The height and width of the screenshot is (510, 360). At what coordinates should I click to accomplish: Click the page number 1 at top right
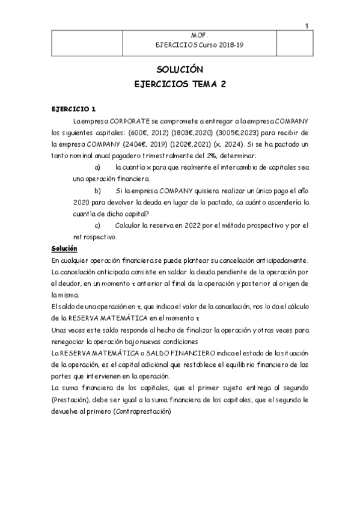tap(307, 26)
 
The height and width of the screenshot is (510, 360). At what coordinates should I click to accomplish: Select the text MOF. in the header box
tap(199, 35)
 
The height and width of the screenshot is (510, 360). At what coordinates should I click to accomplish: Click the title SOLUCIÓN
tap(180, 70)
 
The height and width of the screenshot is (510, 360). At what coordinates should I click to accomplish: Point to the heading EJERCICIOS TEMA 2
tap(180, 85)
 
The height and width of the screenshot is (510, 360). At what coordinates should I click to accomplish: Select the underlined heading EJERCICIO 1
tap(73, 109)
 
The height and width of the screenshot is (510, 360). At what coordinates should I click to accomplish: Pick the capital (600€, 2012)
tap(148, 133)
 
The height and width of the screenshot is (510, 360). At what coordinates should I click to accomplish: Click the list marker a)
tap(99, 167)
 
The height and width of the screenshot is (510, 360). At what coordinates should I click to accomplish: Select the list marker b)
tap(98, 190)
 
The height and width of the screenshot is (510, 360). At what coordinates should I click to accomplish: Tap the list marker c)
tap(98, 225)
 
